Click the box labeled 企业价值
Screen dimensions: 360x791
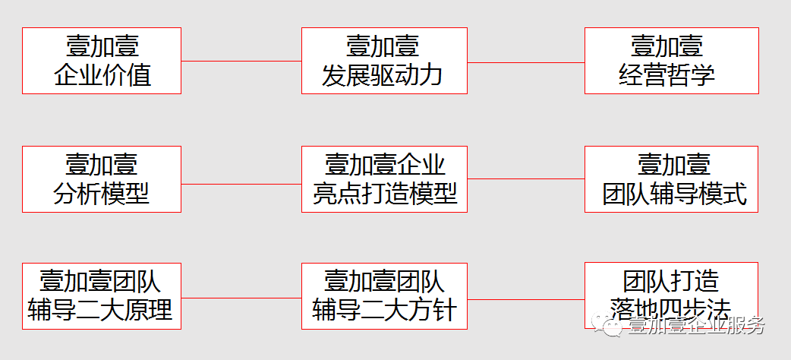(102, 61)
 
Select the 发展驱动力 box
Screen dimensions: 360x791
(384, 61)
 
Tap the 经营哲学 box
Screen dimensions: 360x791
(671, 61)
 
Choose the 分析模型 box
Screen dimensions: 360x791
(102, 179)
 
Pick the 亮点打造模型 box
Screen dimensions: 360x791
(384, 179)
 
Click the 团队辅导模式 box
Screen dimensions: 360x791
(671, 179)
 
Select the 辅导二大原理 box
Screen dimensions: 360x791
(102, 296)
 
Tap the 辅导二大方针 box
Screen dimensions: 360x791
(384, 296)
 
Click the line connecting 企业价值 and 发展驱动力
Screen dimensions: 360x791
(241, 61)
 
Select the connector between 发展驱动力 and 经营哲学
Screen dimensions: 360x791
(525, 62)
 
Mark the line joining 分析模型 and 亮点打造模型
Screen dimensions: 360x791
(241, 184)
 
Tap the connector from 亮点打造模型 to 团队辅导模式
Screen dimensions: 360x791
(525, 179)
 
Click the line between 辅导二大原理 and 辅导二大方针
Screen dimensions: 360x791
(241, 298)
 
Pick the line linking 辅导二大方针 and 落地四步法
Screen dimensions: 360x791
(525, 298)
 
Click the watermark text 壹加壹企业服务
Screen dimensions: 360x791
(695, 326)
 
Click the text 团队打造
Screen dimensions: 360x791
(671, 281)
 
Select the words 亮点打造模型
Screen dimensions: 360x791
(385, 193)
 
